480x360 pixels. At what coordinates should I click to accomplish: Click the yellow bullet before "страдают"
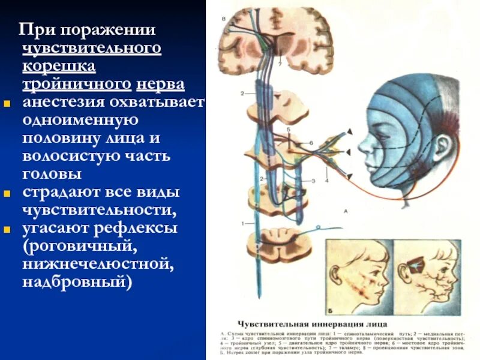point(8,194)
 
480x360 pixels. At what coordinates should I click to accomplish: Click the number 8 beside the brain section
point(224,19)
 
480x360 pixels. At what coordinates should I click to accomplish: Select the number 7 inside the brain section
point(280,62)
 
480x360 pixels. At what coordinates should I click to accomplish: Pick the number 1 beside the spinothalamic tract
point(243,224)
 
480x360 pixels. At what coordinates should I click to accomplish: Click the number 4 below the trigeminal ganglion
point(327,179)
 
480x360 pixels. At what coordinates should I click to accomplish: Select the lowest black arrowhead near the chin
point(349,174)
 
